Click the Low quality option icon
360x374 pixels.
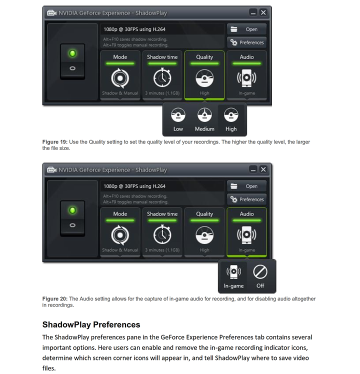(178, 116)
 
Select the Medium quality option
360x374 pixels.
(204, 116)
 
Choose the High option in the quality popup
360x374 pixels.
(231, 116)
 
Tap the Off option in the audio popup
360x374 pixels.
(260, 272)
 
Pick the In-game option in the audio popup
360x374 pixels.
(233, 272)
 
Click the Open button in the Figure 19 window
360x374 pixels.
(246, 29)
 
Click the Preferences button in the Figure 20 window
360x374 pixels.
(246, 199)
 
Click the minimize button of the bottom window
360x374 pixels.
(253, 169)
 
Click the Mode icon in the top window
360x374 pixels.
(120, 78)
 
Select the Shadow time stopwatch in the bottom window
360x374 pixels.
(162, 235)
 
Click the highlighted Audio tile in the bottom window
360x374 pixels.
(246, 232)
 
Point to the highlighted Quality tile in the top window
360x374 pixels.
(204, 75)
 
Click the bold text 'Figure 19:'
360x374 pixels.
(54, 142)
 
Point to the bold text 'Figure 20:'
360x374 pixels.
(54, 299)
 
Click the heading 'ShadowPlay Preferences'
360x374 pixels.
(91, 324)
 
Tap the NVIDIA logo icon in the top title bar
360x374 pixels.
(51, 12)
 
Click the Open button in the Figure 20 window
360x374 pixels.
(246, 186)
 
